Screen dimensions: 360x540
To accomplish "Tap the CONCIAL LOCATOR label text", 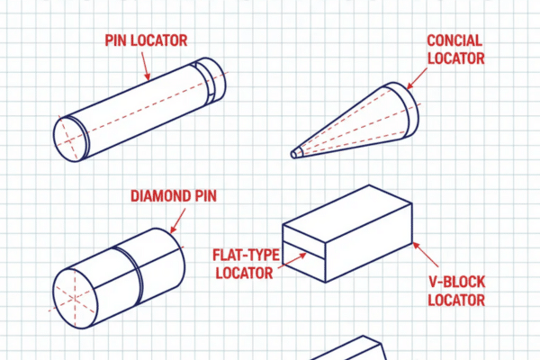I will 454,50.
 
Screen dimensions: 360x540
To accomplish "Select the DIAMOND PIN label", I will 173,195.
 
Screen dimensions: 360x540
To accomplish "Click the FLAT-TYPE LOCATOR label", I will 242,262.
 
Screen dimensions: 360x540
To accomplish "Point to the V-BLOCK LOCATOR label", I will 456,292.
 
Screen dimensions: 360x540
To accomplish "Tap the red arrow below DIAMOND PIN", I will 177,219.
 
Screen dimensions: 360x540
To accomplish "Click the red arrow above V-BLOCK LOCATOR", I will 427,254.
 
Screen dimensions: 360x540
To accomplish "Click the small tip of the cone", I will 295,153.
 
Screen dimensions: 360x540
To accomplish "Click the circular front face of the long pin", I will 71,139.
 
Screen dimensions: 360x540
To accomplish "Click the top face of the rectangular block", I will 347,206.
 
